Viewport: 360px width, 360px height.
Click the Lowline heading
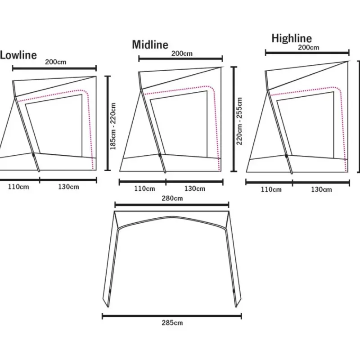(18, 55)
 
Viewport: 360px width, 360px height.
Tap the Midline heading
(150, 45)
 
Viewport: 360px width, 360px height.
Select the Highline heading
(292, 38)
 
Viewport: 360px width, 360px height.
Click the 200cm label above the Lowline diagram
(55, 62)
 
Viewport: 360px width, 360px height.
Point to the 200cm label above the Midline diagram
(182, 54)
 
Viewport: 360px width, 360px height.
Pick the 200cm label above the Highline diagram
(309, 48)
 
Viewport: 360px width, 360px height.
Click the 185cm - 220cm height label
(113, 126)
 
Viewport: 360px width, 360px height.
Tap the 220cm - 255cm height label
(239, 121)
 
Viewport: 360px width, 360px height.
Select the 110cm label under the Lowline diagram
(18, 187)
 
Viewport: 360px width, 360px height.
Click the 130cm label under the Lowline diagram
(68, 187)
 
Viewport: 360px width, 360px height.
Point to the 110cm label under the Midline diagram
(144, 189)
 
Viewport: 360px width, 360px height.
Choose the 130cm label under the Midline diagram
(195, 189)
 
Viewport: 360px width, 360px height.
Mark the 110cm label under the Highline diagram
(271, 189)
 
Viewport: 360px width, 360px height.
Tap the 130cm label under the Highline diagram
(321, 189)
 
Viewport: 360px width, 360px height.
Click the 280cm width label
(172, 198)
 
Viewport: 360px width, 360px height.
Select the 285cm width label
(172, 323)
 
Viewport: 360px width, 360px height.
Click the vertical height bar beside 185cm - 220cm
(108, 123)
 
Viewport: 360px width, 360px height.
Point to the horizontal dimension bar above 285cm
(172, 316)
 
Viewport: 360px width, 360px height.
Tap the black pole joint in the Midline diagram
(160, 155)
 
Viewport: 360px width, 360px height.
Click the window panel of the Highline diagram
(306, 125)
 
